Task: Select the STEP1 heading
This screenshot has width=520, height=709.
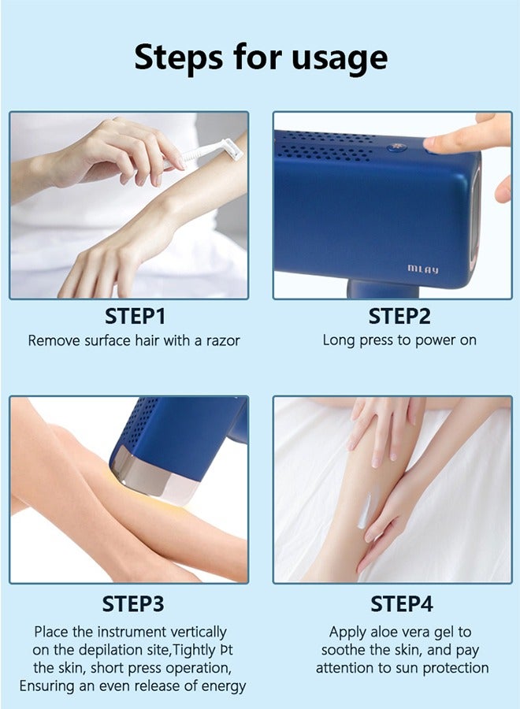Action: click(135, 317)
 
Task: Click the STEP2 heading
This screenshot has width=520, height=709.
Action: click(399, 317)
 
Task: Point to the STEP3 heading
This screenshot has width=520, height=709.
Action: click(133, 603)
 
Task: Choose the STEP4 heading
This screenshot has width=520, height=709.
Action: click(402, 603)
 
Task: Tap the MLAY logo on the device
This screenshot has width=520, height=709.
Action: click(423, 269)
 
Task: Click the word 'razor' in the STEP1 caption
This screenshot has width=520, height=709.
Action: click(221, 341)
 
